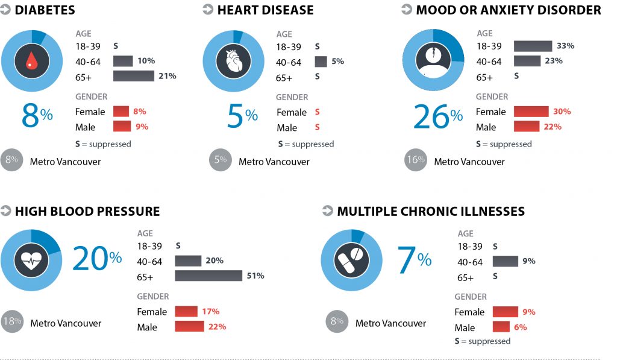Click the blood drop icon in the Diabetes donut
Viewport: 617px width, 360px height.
tap(31, 59)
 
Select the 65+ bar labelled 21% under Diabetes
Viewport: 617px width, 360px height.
tap(133, 76)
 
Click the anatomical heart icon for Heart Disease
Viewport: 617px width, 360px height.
tap(233, 60)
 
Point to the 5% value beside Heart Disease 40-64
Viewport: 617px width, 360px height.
tap(337, 61)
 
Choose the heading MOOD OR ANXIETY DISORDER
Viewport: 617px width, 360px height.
tap(508, 10)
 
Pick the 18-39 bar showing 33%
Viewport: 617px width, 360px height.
tap(533, 46)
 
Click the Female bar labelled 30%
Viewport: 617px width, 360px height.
tap(531, 112)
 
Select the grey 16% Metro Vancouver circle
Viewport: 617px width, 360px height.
tap(415, 160)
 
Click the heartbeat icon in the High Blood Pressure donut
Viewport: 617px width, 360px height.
tap(31, 260)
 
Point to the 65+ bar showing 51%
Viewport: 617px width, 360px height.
tap(208, 276)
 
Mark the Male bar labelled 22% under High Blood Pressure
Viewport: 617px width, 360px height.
tap(190, 326)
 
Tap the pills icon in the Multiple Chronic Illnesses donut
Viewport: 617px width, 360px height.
tap(351, 260)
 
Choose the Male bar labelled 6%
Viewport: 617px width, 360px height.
tap(501, 327)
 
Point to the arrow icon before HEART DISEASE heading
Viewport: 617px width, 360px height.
tap(208, 10)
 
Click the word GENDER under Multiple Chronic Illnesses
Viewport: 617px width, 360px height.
tap(471, 297)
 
